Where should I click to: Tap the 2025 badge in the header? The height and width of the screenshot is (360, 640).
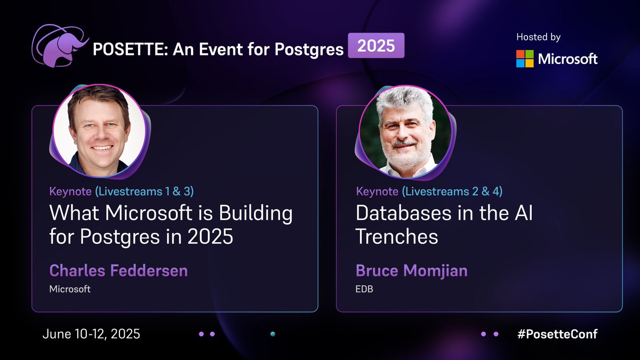376,46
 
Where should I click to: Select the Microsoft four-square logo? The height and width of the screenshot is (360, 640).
524,59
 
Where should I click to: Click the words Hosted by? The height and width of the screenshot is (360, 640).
538,37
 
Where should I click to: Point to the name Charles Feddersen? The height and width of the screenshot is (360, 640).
118,270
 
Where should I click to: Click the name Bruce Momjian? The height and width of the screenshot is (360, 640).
411,270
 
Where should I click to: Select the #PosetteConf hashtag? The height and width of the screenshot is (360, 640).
557,334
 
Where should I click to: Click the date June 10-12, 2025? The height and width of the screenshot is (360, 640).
91,334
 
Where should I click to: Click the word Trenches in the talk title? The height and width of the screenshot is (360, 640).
397,236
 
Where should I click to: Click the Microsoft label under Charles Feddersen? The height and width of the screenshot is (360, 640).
70,289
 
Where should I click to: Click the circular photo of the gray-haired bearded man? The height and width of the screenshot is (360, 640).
405,131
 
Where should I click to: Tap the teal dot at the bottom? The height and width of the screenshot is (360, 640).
273,334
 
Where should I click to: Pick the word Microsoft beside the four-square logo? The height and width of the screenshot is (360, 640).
568,59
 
